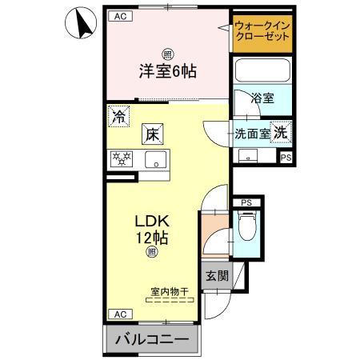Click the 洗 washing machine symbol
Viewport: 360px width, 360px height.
pyautogui.click(x=282, y=133)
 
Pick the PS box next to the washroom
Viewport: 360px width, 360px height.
pyautogui.click(x=285, y=158)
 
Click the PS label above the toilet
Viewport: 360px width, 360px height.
pyautogui.click(x=246, y=203)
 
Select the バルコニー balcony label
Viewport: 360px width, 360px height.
pyautogui.click(x=152, y=340)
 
